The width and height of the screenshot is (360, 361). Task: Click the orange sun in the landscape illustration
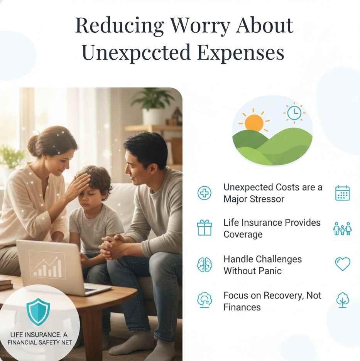(x=254, y=123)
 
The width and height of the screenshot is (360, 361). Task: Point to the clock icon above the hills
(x=294, y=113)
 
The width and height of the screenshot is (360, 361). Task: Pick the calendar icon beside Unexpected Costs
(x=342, y=193)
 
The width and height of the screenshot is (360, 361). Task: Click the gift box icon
(x=205, y=228)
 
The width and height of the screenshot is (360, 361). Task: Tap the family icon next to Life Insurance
(x=342, y=229)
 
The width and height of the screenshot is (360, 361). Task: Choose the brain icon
(x=205, y=265)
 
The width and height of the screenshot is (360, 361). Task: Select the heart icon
(x=342, y=264)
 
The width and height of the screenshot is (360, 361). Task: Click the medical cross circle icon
(x=205, y=193)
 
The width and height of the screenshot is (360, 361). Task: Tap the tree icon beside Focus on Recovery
(x=342, y=300)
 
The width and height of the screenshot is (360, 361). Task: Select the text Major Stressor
(x=254, y=199)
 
